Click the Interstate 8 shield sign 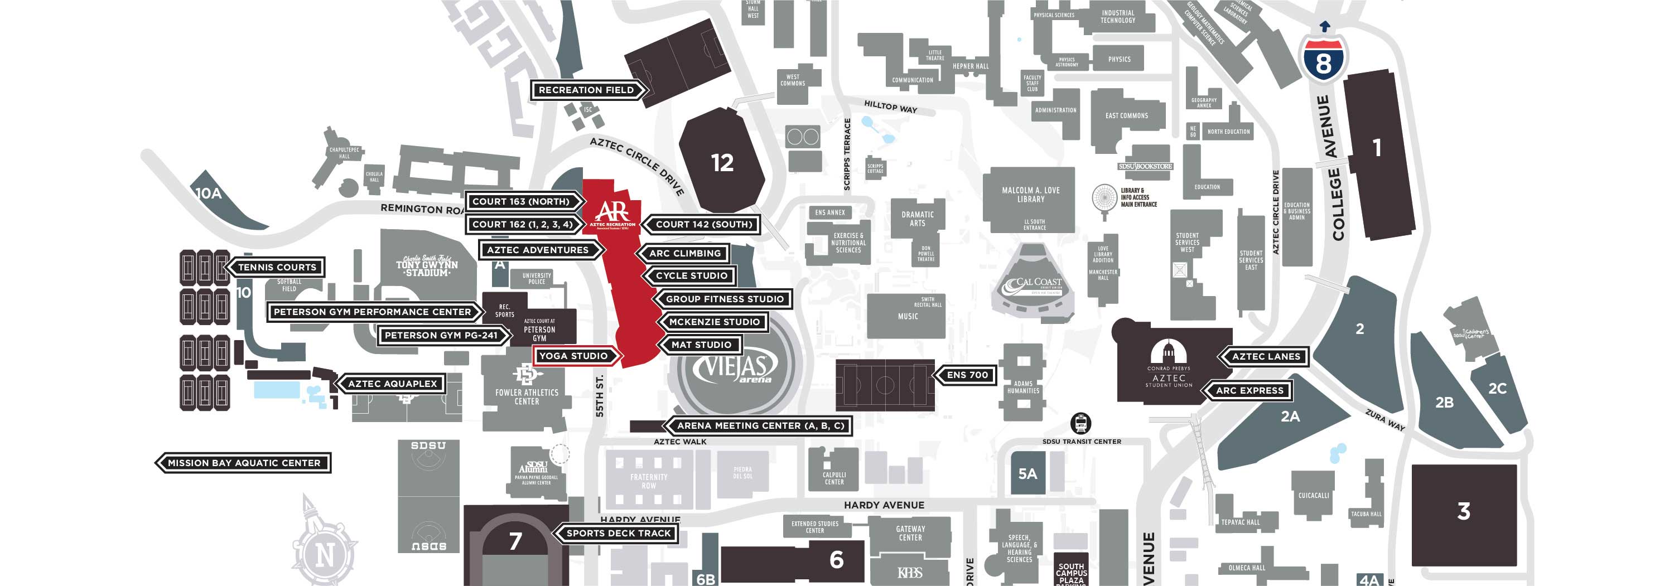pyautogui.click(x=1323, y=59)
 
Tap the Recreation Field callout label pyautogui.click(x=586, y=90)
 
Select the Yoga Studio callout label pyautogui.click(x=574, y=356)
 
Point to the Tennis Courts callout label pyautogui.click(x=277, y=267)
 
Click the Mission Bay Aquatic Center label pyautogui.click(x=244, y=463)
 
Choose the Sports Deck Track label pyautogui.click(x=618, y=534)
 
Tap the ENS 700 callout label pyautogui.click(x=967, y=375)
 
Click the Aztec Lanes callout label pyautogui.click(x=1266, y=357)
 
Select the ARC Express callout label pyautogui.click(x=1250, y=390)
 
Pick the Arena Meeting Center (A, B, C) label pyautogui.click(x=760, y=426)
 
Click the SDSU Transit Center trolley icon pyautogui.click(x=1080, y=424)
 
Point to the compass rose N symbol pyautogui.click(x=325, y=554)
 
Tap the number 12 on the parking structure pyautogui.click(x=722, y=162)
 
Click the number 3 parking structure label pyautogui.click(x=1464, y=511)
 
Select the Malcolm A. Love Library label pyautogui.click(x=1031, y=195)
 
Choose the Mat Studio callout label pyautogui.click(x=701, y=345)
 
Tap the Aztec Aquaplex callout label pyautogui.click(x=392, y=384)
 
